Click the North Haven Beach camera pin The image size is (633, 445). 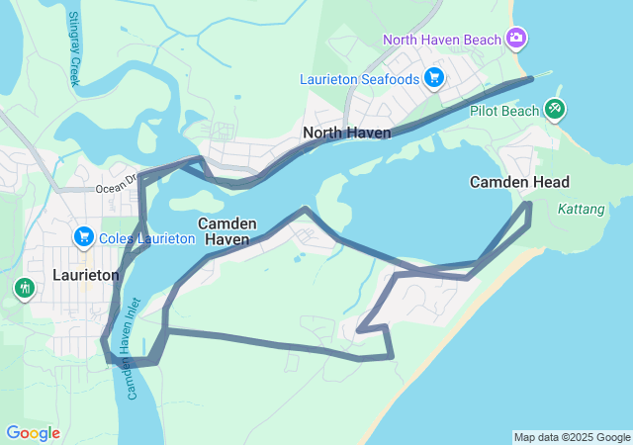click(x=515, y=39)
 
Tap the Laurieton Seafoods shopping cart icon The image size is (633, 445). click(x=433, y=77)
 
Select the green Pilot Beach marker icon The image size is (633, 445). click(x=555, y=109)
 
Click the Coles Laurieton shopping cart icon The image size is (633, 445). click(x=83, y=237)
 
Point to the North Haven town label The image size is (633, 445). click(x=347, y=133)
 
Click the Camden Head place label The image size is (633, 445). click(x=519, y=182)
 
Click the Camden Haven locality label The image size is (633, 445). click(x=227, y=231)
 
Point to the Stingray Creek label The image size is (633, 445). click(x=74, y=48)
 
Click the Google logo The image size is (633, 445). click(x=33, y=433)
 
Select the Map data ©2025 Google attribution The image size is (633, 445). click(x=572, y=437)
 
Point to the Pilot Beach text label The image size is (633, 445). click(x=504, y=111)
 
